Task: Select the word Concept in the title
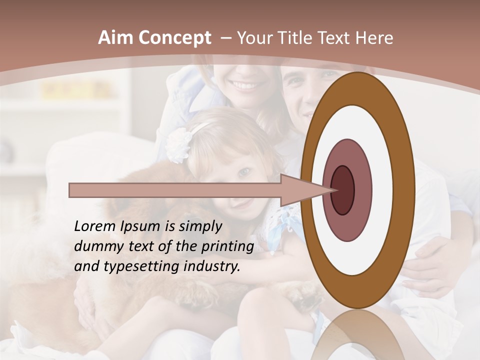[x=175, y=38]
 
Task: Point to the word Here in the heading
[x=375, y=38]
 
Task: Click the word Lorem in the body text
[x=95, y=226]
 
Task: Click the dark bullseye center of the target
[x=343, y=190]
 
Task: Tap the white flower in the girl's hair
[x=177, y=144]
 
